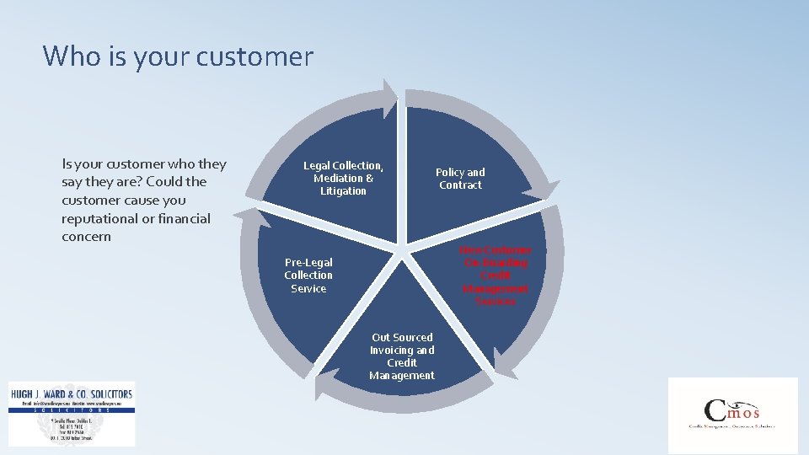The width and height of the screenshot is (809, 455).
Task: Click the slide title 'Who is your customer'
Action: click(178, 56)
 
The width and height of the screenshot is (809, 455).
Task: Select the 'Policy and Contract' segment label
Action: click(460, 179)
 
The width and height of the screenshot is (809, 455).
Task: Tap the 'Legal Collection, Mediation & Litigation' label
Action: click(343, 179)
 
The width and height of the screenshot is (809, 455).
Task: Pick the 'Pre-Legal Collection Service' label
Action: click(308, 276)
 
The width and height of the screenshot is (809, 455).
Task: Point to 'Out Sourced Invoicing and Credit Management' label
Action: click(402, 356)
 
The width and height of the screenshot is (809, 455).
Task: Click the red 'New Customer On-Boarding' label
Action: click(496, 276)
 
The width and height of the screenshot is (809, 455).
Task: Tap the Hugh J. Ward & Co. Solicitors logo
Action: click(72, 413)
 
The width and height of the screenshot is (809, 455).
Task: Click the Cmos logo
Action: click(732, 415)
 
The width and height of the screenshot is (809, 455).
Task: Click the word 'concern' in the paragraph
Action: click(86, 237)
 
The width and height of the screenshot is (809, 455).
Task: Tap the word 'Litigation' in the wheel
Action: click(343, 191)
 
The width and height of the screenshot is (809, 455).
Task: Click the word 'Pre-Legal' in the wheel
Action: click(308, 263)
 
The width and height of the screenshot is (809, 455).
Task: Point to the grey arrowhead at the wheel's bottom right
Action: click(503, 363)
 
